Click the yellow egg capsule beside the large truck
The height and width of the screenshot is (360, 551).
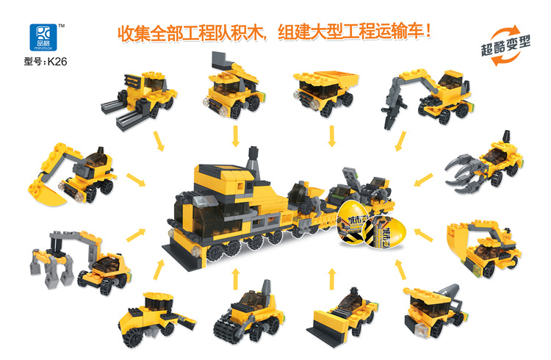[x=356, y=228]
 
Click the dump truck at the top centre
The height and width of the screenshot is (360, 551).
[x=324, y=91]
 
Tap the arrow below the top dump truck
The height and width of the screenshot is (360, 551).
[x=332, y=136]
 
